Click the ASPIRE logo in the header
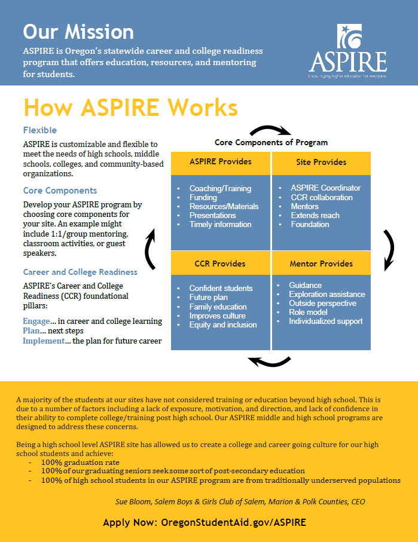click(x=347, y=52)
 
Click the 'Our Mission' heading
click(x=78, y=31)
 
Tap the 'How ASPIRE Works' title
click(x=130, y=108)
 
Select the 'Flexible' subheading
click(x=40, y=130)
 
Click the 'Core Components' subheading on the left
click(x=60, y=191)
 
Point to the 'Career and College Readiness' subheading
click(x=80, y=272)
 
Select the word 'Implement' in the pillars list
click(x=43, y=341)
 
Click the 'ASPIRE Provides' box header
click(x=221, y=162)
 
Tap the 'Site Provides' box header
click(x=321, y=162)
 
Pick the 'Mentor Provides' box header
click(x=321, y=264)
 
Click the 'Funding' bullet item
click(x=203, y=197)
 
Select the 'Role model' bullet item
click(x=309, y=312)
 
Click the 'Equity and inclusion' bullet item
click(x=223, y=324)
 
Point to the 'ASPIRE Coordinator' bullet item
click(x=326, y=188)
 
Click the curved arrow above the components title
click(x=270, y=131)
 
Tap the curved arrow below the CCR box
click(x=269, y=361)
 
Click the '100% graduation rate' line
click(x=80, y=462)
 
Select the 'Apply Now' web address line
click(x=205, y=522)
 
